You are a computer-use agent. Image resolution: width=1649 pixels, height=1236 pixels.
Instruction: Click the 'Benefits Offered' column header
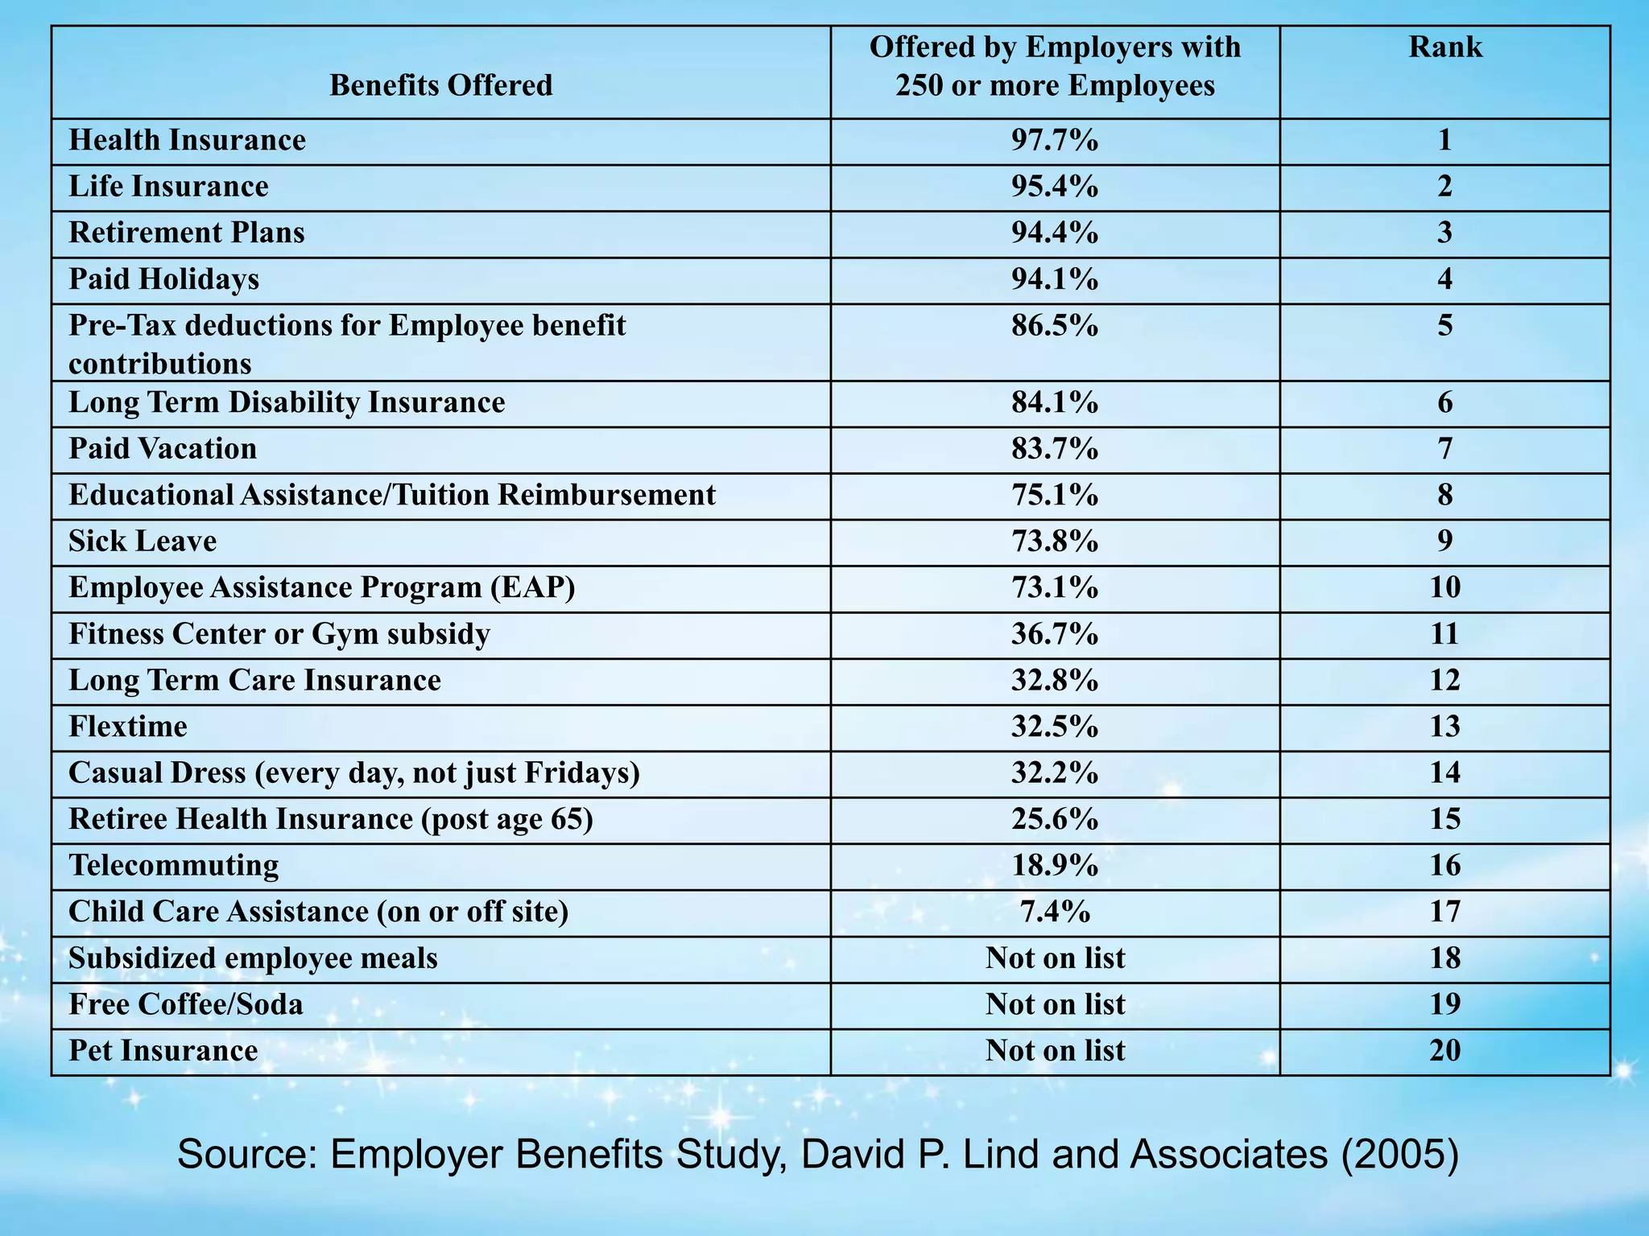click(440, 85)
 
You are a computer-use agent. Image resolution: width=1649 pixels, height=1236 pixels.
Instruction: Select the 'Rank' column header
click(1444, 47)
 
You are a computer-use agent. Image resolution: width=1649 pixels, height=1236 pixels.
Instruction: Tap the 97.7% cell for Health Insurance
click(1054, 141)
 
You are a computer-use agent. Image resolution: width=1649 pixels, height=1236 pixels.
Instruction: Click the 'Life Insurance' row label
click(168, 187)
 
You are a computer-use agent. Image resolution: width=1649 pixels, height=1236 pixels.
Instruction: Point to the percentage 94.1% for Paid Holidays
click(1054, 279)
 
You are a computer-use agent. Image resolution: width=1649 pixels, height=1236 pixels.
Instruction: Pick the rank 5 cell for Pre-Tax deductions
click(1444, 326)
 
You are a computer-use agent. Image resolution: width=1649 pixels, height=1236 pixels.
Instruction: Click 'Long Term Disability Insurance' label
click(287, 402)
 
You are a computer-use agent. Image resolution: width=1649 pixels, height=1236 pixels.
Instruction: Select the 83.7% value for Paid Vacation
click(1054, 449)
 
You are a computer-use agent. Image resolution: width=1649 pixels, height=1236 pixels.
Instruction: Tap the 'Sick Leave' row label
click(143, 542)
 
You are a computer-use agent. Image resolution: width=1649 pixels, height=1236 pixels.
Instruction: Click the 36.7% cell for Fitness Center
click(1054, 634)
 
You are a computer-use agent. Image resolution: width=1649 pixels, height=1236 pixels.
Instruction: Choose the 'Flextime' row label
click(128, 727)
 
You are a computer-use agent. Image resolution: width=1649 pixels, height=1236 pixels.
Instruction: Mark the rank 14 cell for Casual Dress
click(1444, 773)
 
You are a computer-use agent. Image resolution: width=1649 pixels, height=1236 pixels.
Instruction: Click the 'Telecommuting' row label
click(174, 866)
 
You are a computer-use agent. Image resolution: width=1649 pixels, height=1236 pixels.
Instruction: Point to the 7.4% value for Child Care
click(1054, 912)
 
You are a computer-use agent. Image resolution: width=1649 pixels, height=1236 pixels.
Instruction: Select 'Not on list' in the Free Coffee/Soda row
click(1055, 1004)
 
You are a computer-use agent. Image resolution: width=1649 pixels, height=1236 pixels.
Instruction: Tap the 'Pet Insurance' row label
click(163, 1051)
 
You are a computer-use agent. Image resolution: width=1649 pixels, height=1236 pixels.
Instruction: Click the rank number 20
click(1444, 1051)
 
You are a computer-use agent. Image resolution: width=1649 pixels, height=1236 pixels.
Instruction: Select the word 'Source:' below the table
click(246, 1155)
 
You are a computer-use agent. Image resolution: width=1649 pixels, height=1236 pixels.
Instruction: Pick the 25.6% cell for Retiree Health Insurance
click(1054, 819)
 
